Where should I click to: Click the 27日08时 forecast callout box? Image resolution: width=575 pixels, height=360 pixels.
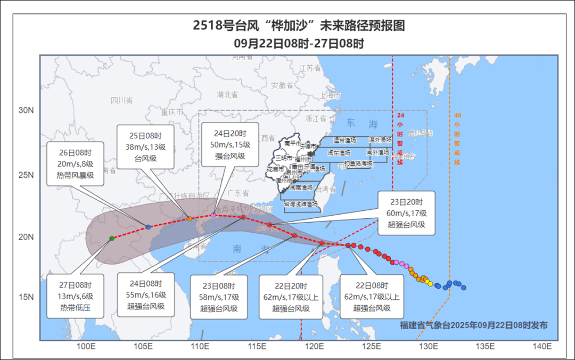tap(75, 296)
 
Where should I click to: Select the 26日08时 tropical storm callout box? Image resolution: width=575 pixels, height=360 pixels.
tap(75, 163)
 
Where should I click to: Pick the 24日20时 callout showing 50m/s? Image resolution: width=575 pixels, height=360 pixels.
tap(231, 144)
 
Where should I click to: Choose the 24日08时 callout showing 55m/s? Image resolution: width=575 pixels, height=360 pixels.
tap(146, 294)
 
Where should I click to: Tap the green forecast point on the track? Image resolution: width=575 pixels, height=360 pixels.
tap(112, 238)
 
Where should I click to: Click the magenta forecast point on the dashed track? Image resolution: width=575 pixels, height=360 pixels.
tap(213, 215)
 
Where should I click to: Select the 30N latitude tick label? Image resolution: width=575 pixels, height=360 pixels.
tap(26, 111)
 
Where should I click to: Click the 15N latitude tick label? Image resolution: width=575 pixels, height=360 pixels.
tap(26, 297)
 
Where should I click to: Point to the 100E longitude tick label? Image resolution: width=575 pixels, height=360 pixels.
tap(86, 347)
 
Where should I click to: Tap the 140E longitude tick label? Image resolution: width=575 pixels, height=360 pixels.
tap(542, 347)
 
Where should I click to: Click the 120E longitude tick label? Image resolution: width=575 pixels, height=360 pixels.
tap(314, 347)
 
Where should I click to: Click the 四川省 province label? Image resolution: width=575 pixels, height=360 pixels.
tap(122, 100)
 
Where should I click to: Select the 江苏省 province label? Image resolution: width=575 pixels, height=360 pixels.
tap(311, 68)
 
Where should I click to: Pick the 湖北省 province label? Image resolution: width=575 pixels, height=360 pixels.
tap(227, 95)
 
